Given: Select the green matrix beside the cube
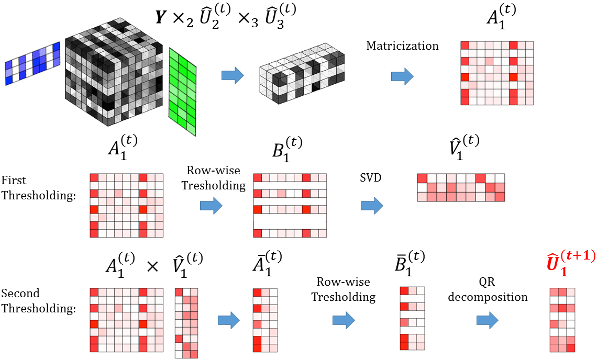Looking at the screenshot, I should [x=182, y=92].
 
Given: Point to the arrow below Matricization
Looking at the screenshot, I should [x=402, y=76].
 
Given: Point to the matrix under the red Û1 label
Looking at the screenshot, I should [x=562, y=320].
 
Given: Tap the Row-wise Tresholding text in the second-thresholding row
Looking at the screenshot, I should [x=344, y=289].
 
